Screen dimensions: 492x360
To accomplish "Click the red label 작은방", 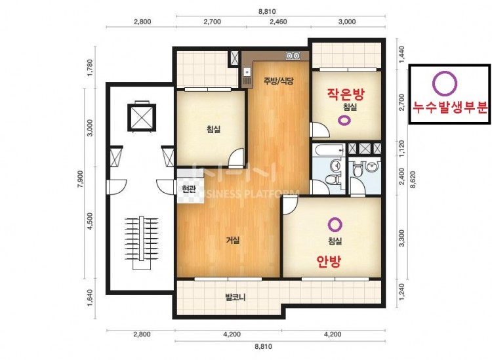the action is [x=346, y=94].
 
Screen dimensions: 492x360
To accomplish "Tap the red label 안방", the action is [x=329, y=261].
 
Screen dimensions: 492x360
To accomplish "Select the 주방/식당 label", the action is [x=278, y=81].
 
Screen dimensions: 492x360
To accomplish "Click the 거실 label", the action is [x=233, y=240].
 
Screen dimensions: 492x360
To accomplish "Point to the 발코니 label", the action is [x=236, y=297].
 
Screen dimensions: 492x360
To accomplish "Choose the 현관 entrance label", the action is [x=188, y=189].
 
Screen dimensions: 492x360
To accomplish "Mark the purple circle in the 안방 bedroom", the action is [x=335, y=224].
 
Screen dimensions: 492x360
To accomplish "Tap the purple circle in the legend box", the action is [x=445, y=83].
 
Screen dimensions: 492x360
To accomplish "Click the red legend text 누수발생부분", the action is [x=450, y=108].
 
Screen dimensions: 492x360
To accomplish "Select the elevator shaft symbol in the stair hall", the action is [x=142, y=117].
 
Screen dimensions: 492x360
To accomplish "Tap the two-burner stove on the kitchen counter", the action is [x=293, y=56].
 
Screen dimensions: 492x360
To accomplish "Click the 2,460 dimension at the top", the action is [x=278, y=22].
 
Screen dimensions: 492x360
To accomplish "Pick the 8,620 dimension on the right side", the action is [x=413, y=180].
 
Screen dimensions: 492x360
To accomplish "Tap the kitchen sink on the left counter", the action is [x=247, y=72].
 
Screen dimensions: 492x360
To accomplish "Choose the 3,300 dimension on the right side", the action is [x=401, y=238].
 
